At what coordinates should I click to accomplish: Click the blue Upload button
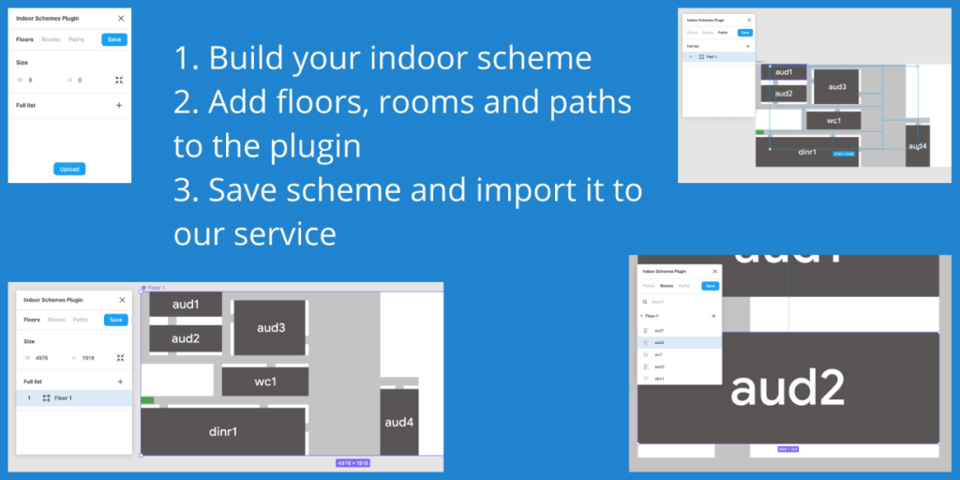69,169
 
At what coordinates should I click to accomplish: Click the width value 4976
42,357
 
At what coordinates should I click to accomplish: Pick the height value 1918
89,357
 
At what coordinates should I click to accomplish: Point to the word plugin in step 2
316,145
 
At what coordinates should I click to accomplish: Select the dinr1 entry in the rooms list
659,378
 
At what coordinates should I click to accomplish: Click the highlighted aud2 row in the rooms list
659,342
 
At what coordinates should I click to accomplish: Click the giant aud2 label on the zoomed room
787,387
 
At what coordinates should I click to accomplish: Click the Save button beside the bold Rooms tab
710,285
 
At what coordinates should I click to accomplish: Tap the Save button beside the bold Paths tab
744,33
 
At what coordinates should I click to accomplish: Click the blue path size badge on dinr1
843,153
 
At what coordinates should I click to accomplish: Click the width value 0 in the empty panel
30,81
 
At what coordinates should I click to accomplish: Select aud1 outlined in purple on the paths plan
784,72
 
